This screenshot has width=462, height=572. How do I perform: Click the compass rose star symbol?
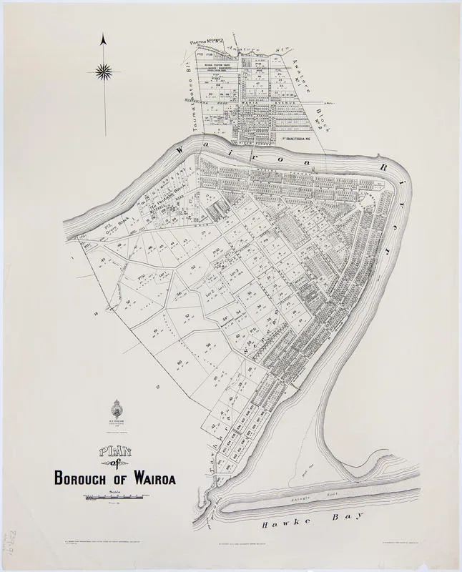point(104,71)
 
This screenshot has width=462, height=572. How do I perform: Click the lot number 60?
point(179,363)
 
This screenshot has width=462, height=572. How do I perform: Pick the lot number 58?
point(208,345)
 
